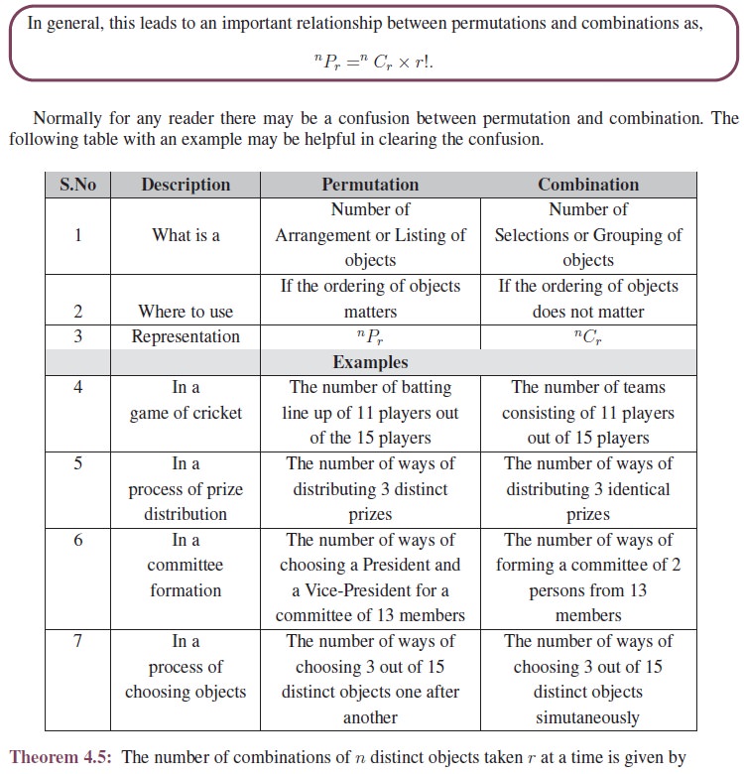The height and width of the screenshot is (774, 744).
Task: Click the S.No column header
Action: point(77,185)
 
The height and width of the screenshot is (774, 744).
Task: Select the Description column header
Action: point(186,185)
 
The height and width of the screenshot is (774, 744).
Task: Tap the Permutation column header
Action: point(370,185)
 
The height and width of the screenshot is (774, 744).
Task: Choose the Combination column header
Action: point(588,185)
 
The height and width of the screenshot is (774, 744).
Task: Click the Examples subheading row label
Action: point(370,362)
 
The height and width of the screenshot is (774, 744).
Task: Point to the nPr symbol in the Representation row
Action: point(370,337)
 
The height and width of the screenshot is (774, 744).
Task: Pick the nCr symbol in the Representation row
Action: point(588,337)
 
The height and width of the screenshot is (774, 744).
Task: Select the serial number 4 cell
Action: point(77,388)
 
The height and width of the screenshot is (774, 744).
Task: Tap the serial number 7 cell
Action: point(77,642)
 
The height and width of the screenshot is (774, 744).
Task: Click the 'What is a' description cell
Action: point(186,235)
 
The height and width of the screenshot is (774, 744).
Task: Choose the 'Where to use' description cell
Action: point(186,312)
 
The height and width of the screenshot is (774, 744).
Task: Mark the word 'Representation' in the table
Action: point(186,337)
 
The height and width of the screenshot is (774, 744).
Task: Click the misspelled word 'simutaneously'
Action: point(588,717)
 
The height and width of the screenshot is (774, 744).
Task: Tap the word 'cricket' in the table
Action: point(213,414)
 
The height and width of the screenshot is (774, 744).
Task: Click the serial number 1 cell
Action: point(77,235)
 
